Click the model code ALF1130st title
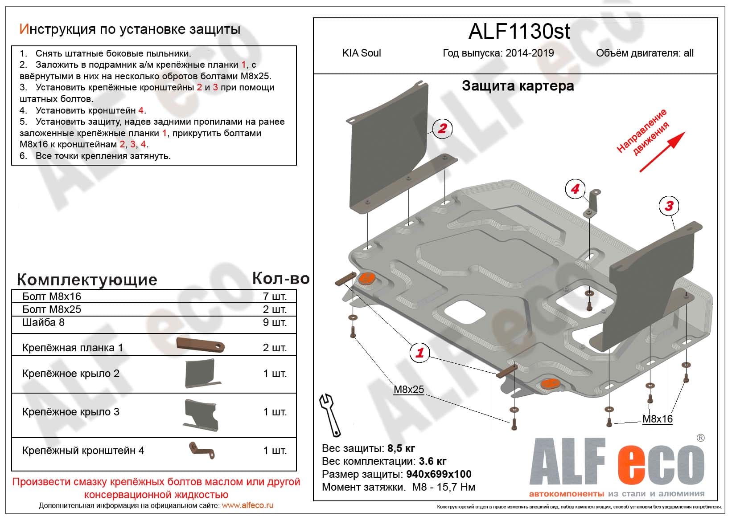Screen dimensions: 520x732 click(x=519, y=31)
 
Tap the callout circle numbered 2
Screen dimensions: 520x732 click(x=442, y=129)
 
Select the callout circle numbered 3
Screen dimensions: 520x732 click(x=669, y=206)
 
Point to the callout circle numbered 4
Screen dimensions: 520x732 click(x=575, y=189)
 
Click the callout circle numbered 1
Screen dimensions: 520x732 click(x=419, y=353)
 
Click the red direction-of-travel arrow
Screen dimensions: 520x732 click(x=662, y=152)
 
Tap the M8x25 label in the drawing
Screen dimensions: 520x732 click(x=409, y=390)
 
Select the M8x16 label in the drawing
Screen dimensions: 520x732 click(x=657, y=419)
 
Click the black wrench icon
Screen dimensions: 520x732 click(x=330, y=414)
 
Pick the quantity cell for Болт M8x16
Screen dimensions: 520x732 click(x=274, y=297)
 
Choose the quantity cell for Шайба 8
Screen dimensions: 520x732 click(x=274, y=322)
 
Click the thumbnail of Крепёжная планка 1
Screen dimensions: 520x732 click(x=200, y=345)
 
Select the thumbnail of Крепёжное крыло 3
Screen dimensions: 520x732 click(x=201, y=414)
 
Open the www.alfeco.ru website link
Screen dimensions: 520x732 click(x=247, y=505)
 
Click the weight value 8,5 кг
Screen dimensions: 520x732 click(x=402, y=448)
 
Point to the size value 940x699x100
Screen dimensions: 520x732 click(x=439, y=474)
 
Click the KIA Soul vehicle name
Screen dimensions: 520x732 click(x=362, y=53)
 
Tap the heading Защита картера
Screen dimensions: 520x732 click(x=518, y=85)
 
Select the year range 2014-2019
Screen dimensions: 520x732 click(x=530, y=53)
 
